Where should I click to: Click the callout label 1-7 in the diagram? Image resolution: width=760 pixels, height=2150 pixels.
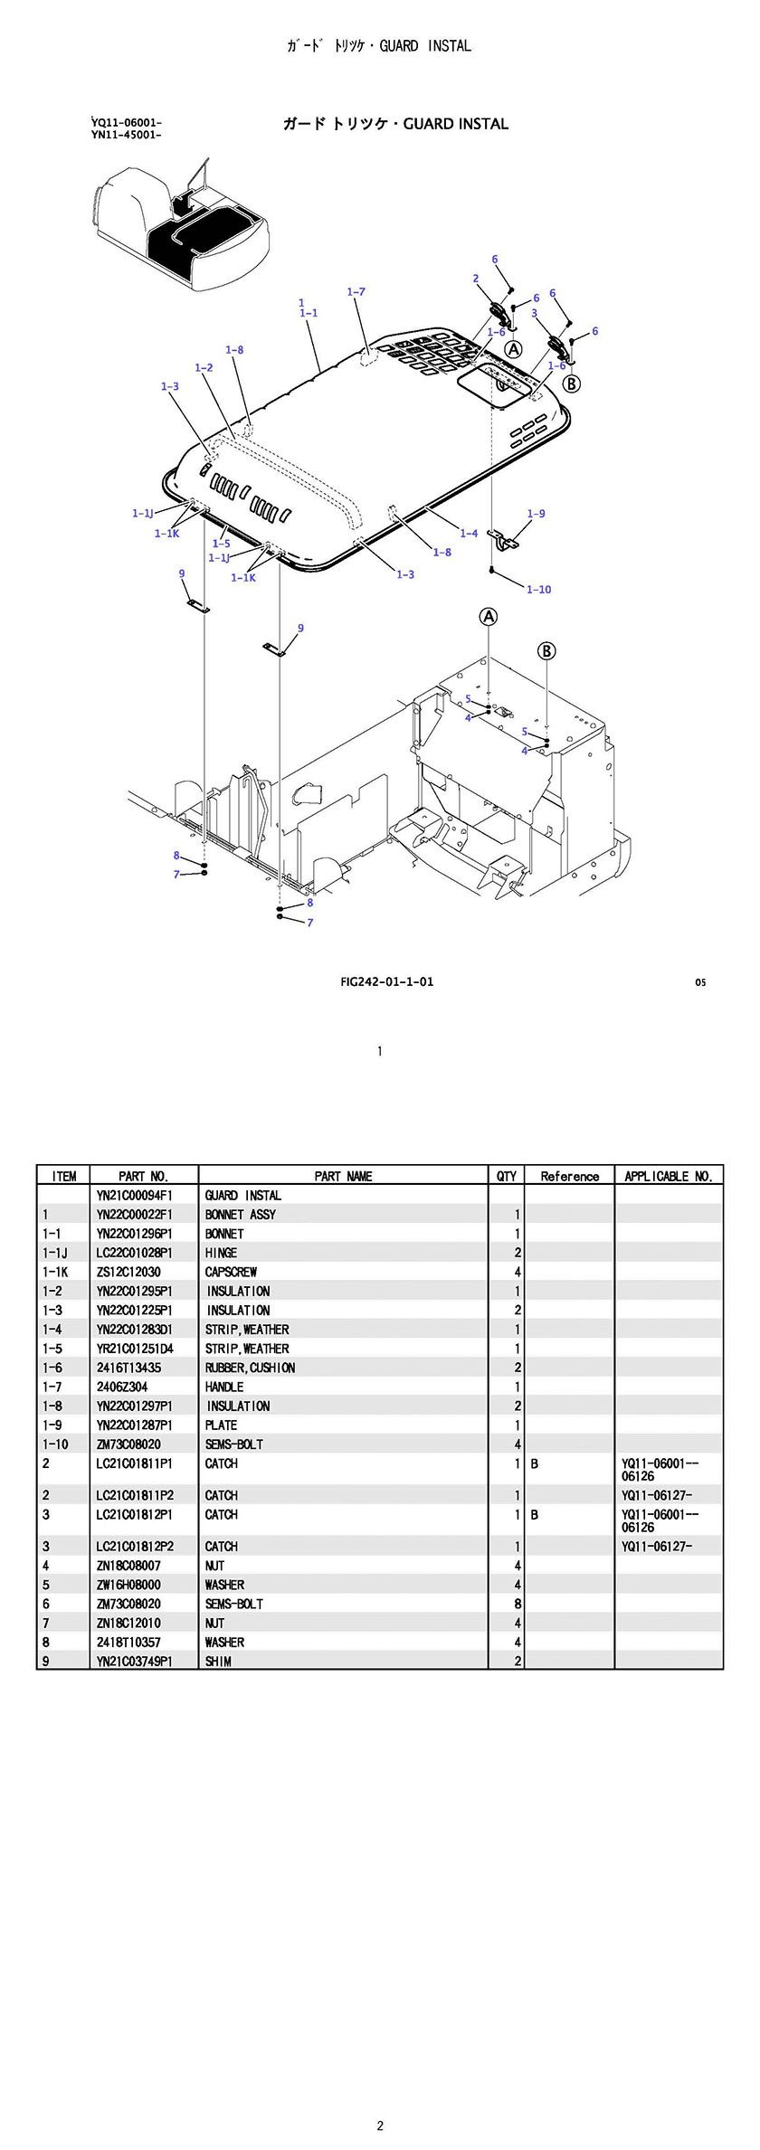click(356, 292)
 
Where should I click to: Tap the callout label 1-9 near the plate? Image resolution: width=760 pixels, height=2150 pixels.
click(536, 514)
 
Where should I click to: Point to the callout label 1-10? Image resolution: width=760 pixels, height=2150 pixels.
click(538, 590)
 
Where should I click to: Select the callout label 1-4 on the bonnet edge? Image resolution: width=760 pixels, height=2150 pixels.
click(469, 534)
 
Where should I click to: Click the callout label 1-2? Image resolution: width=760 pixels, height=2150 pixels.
click(204, 368)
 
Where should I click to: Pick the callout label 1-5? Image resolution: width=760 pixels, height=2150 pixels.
click(221, 545)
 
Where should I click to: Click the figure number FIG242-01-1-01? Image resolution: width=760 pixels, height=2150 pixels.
click(386, 981)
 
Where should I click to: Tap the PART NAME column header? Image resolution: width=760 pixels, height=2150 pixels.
click(343, 1176)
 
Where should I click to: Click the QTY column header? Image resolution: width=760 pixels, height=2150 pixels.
click(506, 1176)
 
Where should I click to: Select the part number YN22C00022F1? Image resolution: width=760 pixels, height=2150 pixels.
click(134, 1215)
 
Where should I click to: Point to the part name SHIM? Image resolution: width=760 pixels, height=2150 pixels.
click(218, 1662)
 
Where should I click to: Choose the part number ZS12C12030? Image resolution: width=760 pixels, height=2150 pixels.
click(128, 1272)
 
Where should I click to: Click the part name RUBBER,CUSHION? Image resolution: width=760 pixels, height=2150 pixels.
click(250, 1368)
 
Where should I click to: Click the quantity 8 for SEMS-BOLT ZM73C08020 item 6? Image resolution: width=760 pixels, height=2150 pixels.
click(518, 1604)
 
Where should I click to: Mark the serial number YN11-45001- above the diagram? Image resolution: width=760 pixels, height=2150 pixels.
click(126, 136)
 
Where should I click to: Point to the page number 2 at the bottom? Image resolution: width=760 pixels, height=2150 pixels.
click(380, 2118)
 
